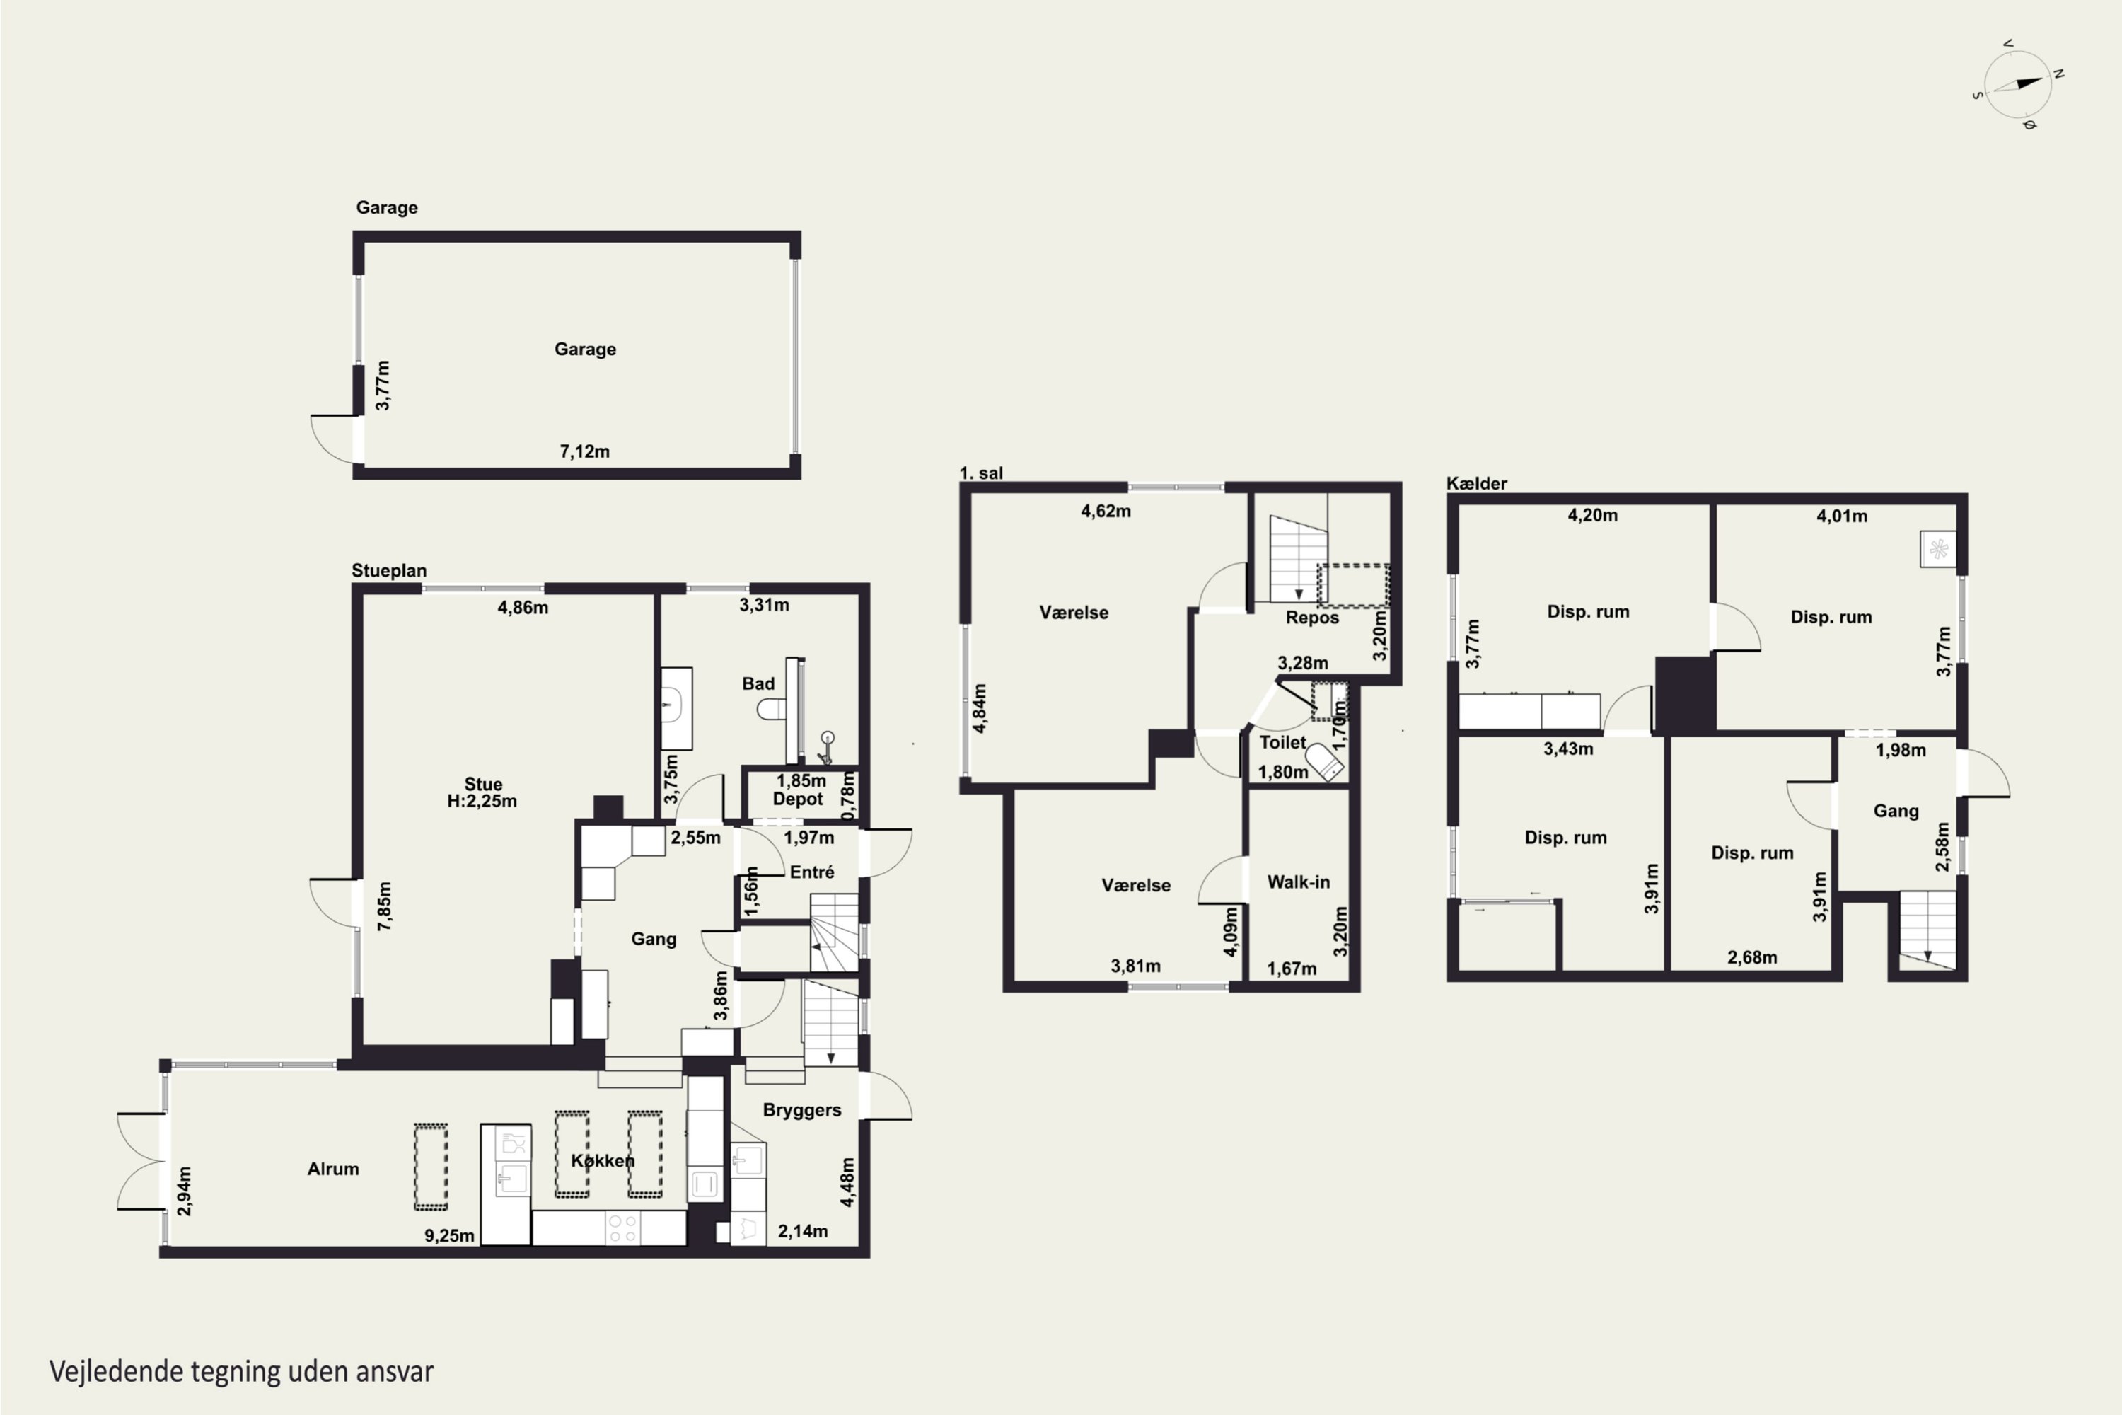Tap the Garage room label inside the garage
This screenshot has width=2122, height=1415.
[x=585, y=350]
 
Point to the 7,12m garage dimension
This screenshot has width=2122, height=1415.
[x=585, y=451]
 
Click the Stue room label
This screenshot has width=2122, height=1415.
[x=482, y=784]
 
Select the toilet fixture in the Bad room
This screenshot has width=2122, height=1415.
[x=772, y=710]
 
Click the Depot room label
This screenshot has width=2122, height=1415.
[x=798, y=799]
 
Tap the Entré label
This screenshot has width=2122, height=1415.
[x=812, y=872]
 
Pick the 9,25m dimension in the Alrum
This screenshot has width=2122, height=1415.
[x=449, y=1235]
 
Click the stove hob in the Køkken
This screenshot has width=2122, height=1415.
[x=622, y=1228]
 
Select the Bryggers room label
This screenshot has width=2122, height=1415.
[x=801, y=1111]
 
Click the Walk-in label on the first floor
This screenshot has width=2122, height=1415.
[x=1298, y=882]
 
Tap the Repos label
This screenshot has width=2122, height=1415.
[x=1312, y=618]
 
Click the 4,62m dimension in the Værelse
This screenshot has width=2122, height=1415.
[x=1105, y=511]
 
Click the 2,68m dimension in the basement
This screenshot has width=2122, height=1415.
[x=1752, y=957]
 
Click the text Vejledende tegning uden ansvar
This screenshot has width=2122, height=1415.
[x=242, y=1372]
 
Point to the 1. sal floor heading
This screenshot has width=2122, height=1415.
[x=980, y=473]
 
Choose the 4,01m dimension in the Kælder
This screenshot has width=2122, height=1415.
[x=1841, y=516]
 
